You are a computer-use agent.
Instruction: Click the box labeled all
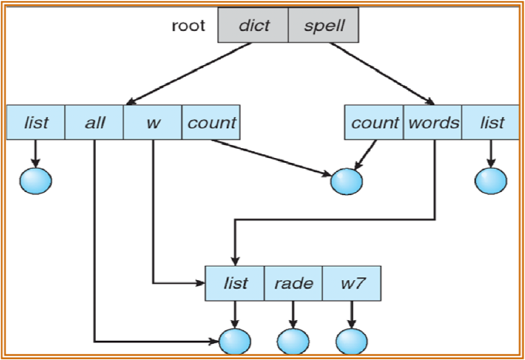pos(94,123)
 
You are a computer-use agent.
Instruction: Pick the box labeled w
pos(152,123)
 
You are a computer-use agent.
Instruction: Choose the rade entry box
pos(293,283)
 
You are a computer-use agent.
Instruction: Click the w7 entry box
pos(352,283)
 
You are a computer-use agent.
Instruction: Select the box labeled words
pos(433,123)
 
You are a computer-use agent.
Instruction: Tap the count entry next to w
pos(210,123)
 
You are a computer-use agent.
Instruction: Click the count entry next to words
pos(374,123)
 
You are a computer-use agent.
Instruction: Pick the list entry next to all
pos(36,123)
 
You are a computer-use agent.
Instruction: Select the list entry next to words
pos(492,123)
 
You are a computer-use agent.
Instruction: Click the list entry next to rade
pos(235,283)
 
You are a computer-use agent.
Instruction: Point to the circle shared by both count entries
pos(346,182)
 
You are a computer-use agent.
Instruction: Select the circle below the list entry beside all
pos(36,180)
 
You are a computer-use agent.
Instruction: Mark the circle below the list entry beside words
pos(491,180)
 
